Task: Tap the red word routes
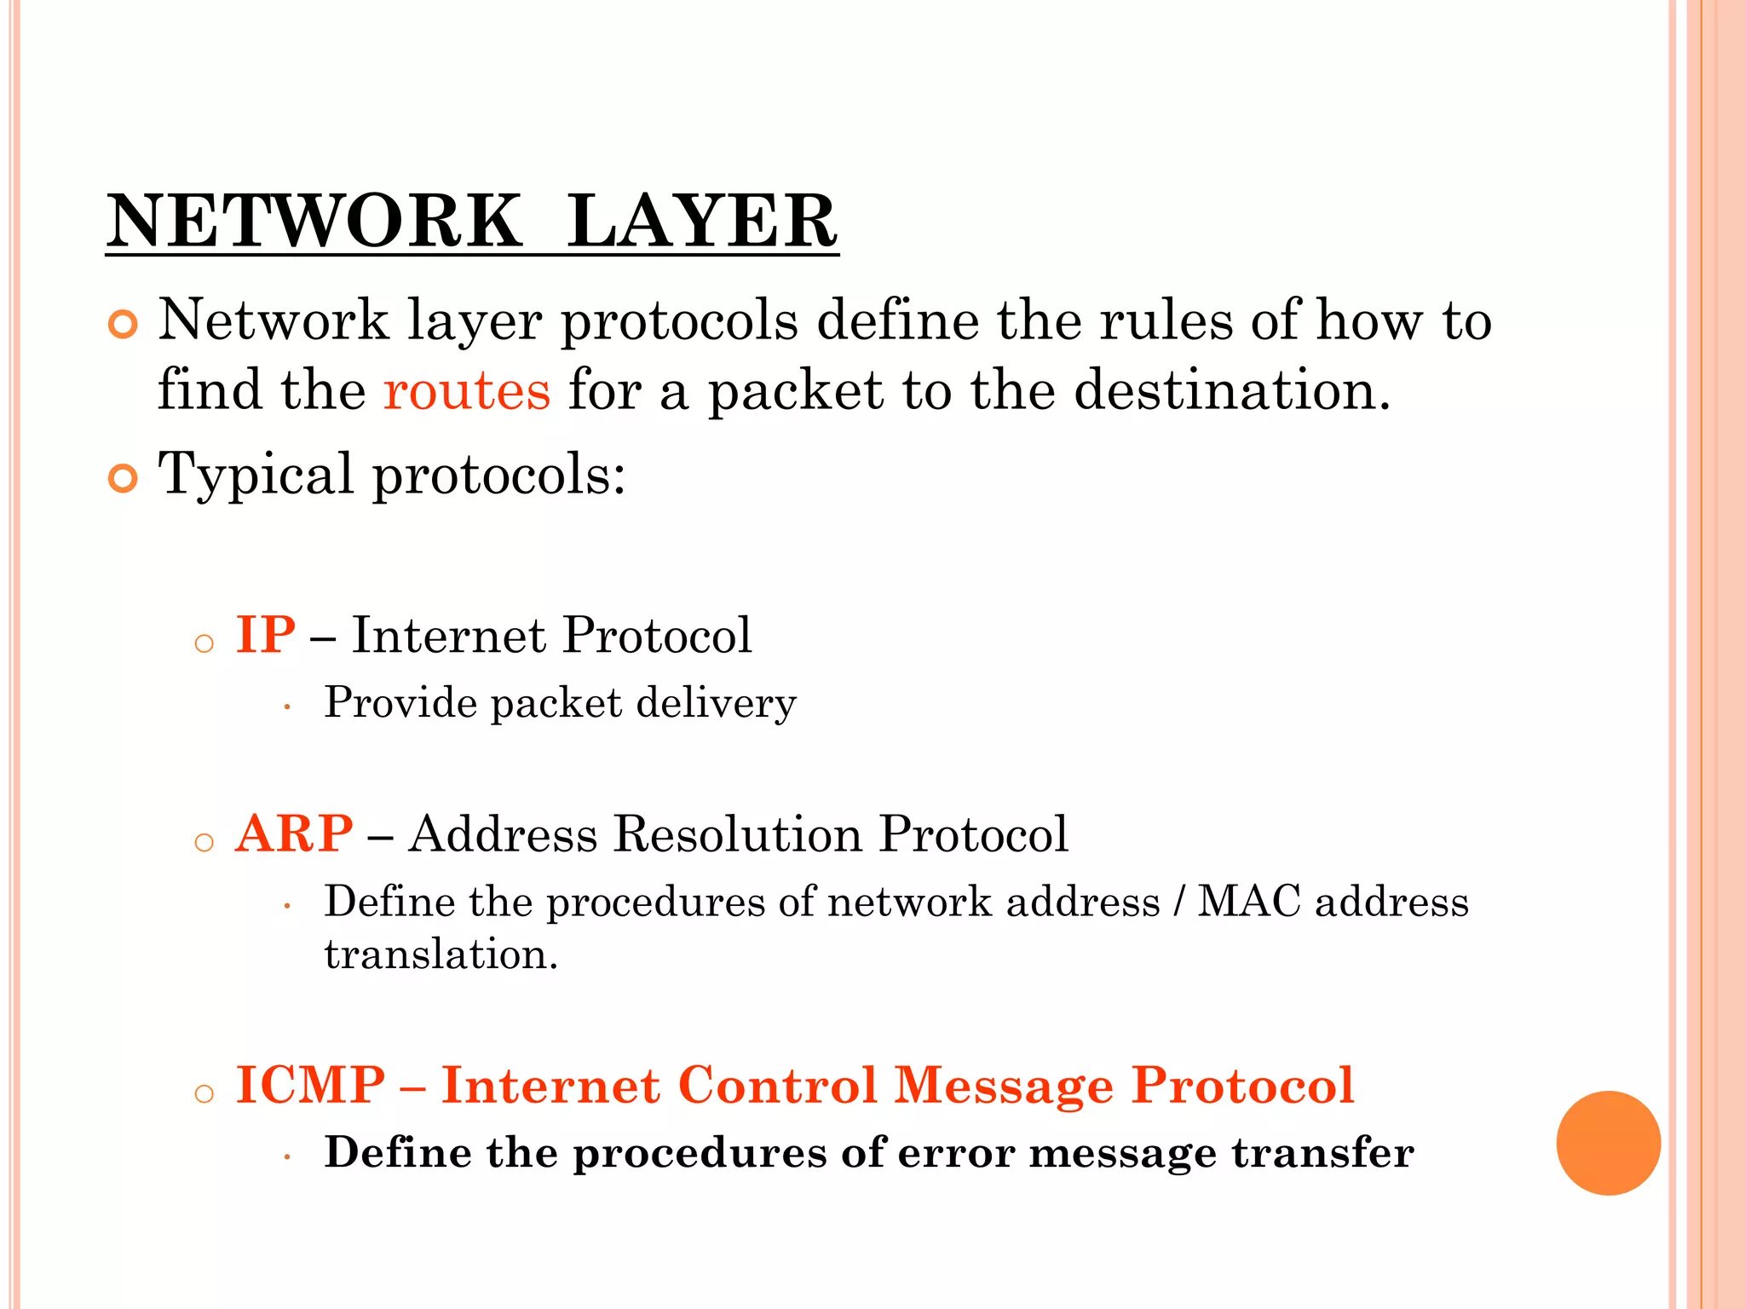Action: [x=467, y=390]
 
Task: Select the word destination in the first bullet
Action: [x=1231, y=390]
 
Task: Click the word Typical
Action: [x=256, y=476]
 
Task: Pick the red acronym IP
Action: [x=266, y=635]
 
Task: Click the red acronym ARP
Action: [x=294, y=833]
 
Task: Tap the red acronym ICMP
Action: [x=310, y=1086]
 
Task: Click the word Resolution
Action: [x=737, y=833]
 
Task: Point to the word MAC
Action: [x=1249, y=902]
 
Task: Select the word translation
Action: [x=441, y=954]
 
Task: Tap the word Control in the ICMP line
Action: [x=777, y=1086]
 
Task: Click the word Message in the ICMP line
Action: [x=1004, y=1086]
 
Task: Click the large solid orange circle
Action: [x=1608, y=1143]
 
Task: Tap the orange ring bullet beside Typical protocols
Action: [x=124, y=479]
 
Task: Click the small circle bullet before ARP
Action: [x=204, y=843]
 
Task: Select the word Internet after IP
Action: [x=448, y=635]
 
